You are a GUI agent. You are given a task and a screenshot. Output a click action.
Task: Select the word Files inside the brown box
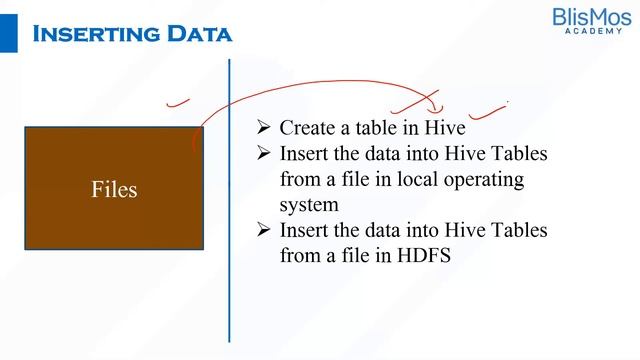(x=114, y=189)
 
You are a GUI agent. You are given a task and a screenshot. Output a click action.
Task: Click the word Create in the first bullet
(x=307, y=128)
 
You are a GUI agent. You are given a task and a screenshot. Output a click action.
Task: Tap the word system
(x=310, y=205)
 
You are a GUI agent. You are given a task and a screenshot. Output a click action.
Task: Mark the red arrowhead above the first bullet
(x=433, y=104)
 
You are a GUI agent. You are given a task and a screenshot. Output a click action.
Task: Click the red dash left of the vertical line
(x=178, y=101)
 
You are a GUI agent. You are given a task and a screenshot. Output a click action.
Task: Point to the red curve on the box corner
(x=196, y=140)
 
